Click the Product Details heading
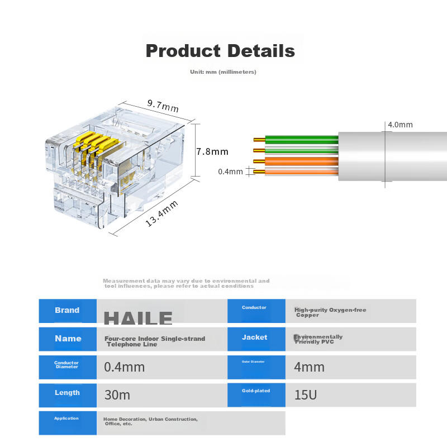(220, 51)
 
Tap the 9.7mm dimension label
(163, 104)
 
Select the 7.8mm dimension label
(212, 151)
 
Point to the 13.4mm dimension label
(162, 214)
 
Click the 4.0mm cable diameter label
(400, 125)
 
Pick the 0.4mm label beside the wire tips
(230, 172)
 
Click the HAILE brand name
(139, 318)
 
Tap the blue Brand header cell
(67, 311)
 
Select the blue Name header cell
(68, 339)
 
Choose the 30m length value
(117, 395)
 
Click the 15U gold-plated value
(306, 395)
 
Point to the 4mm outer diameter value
(309, 367)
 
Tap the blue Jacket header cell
(254, 338)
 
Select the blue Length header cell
(67, 393)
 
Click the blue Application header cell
(66, 419)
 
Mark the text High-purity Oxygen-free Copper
(330, 312)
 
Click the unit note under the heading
(223, 72)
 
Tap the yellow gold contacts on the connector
(96, 144)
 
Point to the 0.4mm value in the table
(125, 367)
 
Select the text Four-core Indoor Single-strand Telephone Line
(155, 341)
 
